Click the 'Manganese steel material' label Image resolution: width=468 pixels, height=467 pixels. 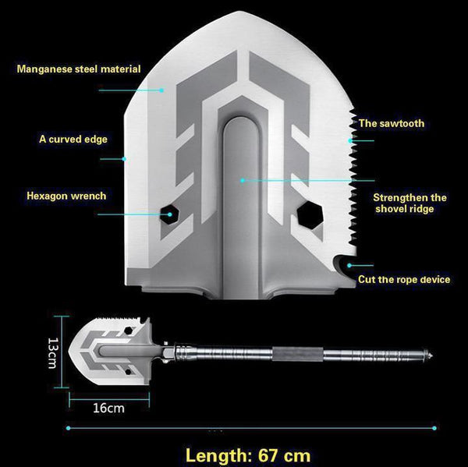(79, 69)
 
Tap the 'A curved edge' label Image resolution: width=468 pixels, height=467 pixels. (73, 140)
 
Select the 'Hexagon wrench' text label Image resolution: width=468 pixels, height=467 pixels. (66, 196)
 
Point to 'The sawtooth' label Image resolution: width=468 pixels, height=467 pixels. (392, 123)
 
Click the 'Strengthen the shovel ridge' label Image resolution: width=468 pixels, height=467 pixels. (409, 203)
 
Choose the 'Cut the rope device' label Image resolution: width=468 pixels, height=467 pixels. (404, 280)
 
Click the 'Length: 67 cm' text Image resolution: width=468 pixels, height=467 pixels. (248, 455)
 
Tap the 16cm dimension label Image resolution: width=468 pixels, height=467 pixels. (108, 408)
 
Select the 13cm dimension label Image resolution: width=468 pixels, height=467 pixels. (52, 353)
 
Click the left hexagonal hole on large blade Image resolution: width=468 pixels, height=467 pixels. (169, 214)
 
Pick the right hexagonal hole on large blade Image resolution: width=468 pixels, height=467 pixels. (310, 215)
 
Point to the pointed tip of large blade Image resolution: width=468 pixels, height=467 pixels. (239, 12)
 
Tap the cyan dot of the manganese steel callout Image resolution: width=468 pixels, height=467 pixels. (161, 90)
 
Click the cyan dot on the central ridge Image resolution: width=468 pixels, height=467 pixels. (243, 181)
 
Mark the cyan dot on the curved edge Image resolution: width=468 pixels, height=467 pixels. (124, 159)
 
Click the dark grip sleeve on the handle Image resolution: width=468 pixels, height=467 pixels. (297, 354)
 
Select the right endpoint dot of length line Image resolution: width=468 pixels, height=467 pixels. (434, 428)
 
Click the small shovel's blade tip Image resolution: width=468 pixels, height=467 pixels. (69, 351)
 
